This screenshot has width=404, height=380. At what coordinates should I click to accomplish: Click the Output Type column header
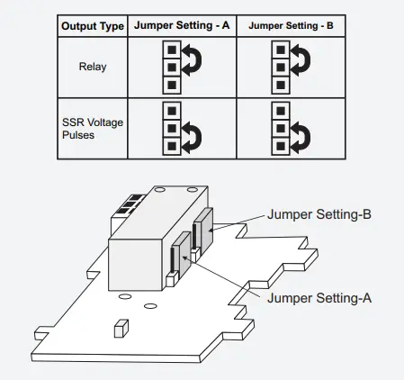pyautogui.click(x=92, y=26)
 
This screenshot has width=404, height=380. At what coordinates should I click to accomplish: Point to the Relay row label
pyautogui.click(x=92, y=67)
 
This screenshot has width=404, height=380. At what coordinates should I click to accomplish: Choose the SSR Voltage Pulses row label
pyautogui.click(x=92, y=128)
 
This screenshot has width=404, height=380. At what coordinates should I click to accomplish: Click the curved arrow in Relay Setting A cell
pyautogui.click(x=191, y=60)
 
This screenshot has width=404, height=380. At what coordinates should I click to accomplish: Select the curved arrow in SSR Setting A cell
pyautogui.click(x=191, y=136)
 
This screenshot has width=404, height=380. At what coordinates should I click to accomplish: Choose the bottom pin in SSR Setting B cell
pyautogui.click(x=280, y=145)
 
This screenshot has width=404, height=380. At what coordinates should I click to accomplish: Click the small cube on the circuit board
pyautogui.click(x=119, y=327)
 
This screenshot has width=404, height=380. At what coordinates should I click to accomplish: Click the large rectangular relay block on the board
pyautogui.click(x=144, y=252)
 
